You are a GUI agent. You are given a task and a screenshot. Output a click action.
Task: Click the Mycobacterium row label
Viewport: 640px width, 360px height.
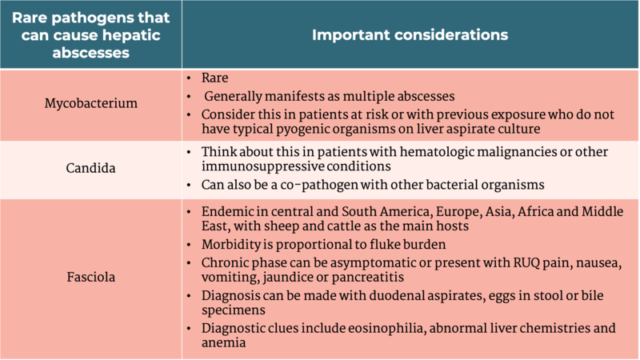(x=90, y=104)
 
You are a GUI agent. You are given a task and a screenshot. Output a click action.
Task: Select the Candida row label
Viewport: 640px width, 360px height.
(x=90, y=169)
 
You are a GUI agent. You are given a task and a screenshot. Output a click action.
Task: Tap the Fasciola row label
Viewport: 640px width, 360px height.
(x=90, y=278)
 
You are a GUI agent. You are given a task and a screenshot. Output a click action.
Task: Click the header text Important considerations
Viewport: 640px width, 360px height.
(x=409, y=34)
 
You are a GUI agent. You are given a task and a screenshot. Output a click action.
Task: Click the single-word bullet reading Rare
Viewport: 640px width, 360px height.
(x=214, y=78)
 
